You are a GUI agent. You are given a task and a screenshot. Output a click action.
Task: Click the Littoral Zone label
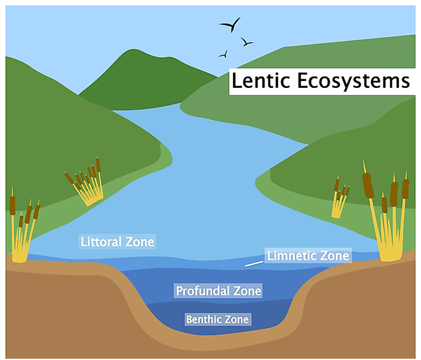(117, 241)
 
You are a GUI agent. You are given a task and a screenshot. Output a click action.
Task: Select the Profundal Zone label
(218, 291)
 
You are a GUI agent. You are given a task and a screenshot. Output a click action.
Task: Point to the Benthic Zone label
(218, 319)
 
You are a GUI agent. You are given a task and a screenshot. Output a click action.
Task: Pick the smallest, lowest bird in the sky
(223, 54)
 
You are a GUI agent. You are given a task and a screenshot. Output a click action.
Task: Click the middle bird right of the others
(247, 42)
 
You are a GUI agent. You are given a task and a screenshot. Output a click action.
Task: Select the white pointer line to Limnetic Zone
(253, 264)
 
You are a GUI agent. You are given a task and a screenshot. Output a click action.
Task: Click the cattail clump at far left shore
(24, 231)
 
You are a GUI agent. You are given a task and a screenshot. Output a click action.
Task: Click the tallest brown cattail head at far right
(368, 181)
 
